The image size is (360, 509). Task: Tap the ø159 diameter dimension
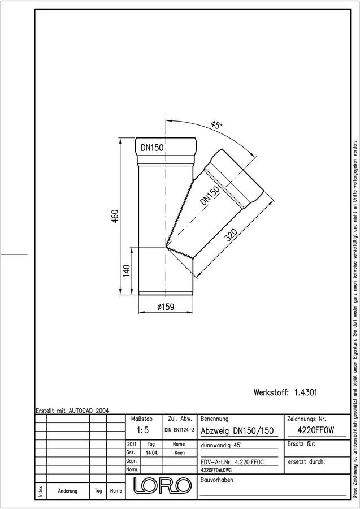point(166,307)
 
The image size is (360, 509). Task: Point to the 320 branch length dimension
point(232,235)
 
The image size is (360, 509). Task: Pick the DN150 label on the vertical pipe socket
point(152,148)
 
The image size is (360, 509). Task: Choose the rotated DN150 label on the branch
point(210,196)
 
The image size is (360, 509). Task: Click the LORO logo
point(162,486)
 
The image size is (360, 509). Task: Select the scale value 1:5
point(142,430)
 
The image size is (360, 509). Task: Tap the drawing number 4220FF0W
point(315,430)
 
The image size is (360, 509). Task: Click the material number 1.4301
point(306,392)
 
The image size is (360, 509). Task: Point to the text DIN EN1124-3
point(179,430)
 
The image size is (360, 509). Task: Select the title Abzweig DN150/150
point(237,431)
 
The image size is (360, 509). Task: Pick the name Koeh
point(179,453)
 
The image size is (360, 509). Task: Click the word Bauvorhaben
point(216,480)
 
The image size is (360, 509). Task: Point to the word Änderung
point(67,491)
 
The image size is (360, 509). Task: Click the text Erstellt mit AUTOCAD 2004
point(72,411)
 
